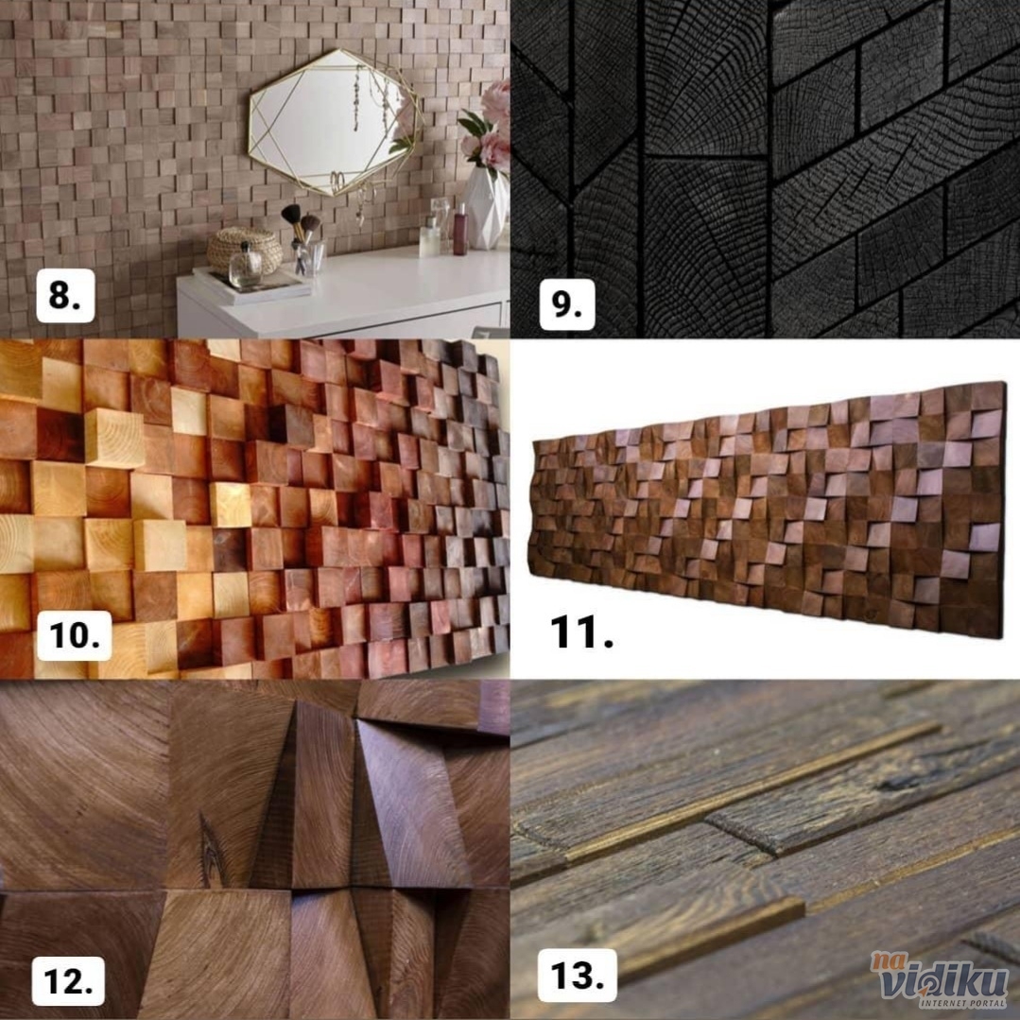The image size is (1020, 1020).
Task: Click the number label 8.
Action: pos(65,295)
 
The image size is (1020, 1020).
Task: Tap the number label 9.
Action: pos(566,304)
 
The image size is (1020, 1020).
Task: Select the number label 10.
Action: pos(74,635)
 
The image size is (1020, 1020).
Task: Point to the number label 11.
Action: pos(581,632)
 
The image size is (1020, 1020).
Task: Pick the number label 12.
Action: pos(68,981)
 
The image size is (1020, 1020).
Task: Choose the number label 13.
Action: pos(577,976)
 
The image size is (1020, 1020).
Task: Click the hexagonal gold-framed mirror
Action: pos(335,122)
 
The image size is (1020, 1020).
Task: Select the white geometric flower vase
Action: pos(486,209)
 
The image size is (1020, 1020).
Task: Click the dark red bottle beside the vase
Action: pos(460,229)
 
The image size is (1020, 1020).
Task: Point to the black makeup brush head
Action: pos(291,213)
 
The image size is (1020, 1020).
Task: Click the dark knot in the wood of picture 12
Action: pos(212,849)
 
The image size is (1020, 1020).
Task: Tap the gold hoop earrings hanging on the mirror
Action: pos(337,182)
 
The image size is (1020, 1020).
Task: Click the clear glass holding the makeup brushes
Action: pos(307,258)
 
